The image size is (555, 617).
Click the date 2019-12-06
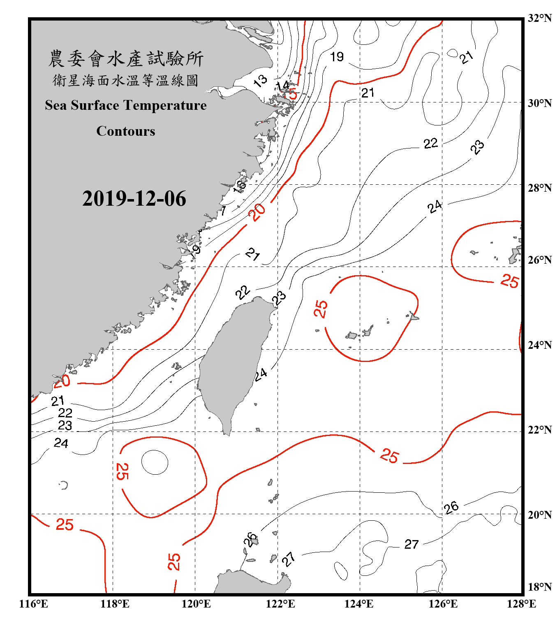click(x=134, y=199)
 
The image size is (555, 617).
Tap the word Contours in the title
click(x=126, y=131)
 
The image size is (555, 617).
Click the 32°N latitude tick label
click(x=539, y=18)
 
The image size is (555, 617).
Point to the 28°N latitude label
click(x=539, y=188)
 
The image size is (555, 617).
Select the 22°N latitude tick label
click(x=539, y=430)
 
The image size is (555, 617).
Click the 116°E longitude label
click(x=34, y=604)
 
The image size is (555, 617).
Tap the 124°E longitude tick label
click(x=359, y=604)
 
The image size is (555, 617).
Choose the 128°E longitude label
click(x=521, y=604)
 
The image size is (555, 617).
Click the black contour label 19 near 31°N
click(x=337, y=57)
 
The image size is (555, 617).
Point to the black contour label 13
click(x=260, y=81)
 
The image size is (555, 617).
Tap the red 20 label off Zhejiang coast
click(x=258, y=213)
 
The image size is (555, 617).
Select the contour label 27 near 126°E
click(x=412, y=544)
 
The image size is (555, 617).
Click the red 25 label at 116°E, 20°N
click(x=65, y=524)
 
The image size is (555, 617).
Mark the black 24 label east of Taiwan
click(x=261, y=375)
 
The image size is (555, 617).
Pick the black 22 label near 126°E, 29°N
click(x=431, y=144)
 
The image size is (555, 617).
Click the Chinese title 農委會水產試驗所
click(x=126, y=59)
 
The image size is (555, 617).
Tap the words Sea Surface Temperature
click(x=126, y=105)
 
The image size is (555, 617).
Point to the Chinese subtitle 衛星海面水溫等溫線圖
click(x=126, y=80)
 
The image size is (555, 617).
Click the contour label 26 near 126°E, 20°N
click(x=451, y=507)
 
